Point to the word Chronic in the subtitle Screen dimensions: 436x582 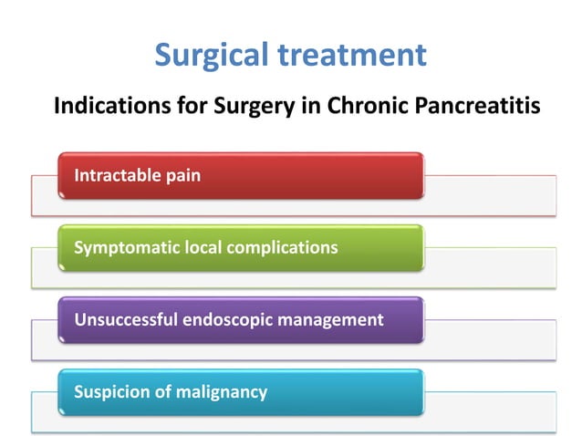coord(353,107)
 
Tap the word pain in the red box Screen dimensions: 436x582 coord(182,175)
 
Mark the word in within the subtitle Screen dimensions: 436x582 coord(304,107)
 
